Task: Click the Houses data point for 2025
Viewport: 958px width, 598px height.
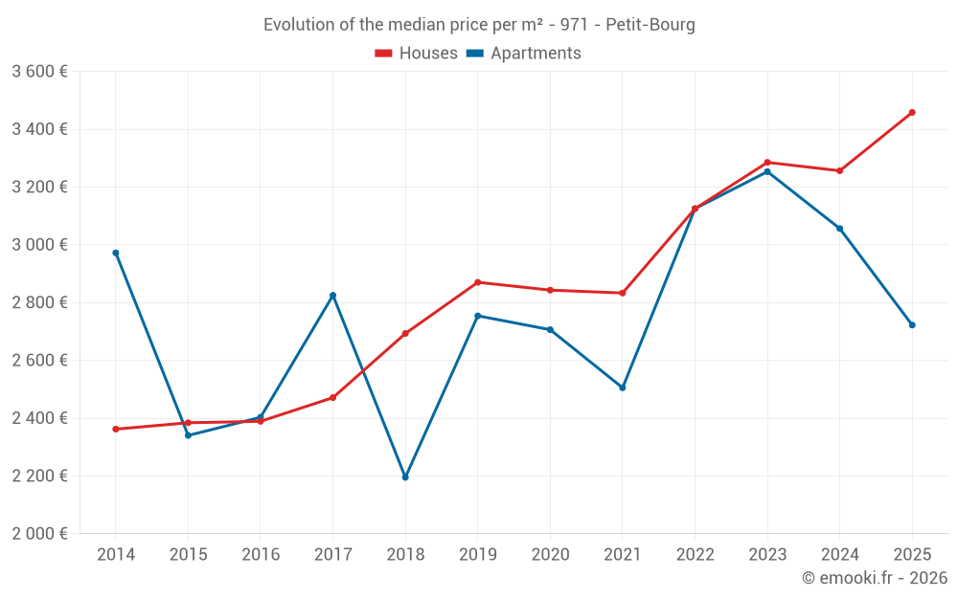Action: point(912,113)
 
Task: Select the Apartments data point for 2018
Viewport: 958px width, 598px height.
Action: point(405,477)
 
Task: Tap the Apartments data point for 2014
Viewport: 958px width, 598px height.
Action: point(116,253)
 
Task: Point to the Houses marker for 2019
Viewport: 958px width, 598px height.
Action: point(477,282)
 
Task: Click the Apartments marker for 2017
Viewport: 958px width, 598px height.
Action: point(332,296)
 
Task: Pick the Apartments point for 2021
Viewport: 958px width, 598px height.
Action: point(623,388)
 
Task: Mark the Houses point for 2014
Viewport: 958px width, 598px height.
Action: point(116,429)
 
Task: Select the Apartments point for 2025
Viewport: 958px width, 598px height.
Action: point(912,325)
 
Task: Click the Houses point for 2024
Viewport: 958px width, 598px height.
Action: point(839,170)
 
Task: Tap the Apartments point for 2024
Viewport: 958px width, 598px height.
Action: point(839,229)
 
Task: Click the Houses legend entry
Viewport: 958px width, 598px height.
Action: point(417,54)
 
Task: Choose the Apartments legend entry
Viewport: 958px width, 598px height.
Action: point(524,54)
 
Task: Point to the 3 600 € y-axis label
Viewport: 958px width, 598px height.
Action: point(39,72)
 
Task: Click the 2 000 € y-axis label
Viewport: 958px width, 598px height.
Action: point(39,534)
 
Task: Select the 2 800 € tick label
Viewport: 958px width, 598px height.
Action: point(39,302)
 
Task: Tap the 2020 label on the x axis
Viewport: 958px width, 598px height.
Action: point(550,555)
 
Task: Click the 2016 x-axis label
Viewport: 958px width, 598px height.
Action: point(261,555)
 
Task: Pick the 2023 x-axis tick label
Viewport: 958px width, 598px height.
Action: point(767,555)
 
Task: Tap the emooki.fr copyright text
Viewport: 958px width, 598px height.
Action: point(874,578)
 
